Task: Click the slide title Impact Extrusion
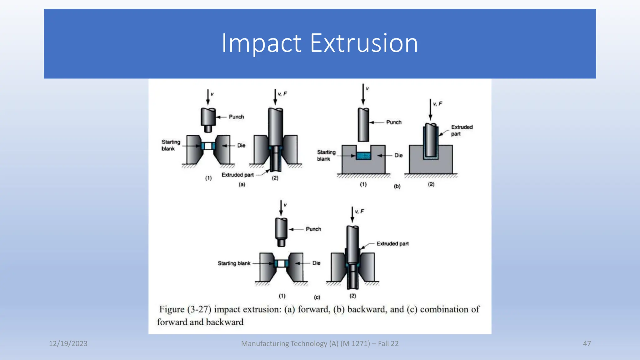pyautogui.click(x=320, y=43)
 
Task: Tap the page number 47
pyautogui.click(x=587, y=343)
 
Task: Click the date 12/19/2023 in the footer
pyautogui.click(x=68, y=343)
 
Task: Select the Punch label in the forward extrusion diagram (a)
pyautogui.click(x=236, y=117)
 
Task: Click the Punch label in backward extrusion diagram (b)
pyautogui.click(x=394, y=122)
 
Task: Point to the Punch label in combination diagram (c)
pyautogui.click(x=313, y=229)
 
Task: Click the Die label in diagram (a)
pyautogui.click(x=241, y=146)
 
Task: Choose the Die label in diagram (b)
pyautogui.click(x=398, y=155)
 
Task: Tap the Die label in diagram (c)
pyautogui.click(x=316, y=263)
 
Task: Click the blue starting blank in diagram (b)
pyautogui.click(x=363, y=156)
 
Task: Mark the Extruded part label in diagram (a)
pyautogui.click(x=237, y=175)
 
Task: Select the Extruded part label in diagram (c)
pyautogui.click(x=392, y=244)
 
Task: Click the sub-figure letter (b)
pyautogui.click(x=397, y=186)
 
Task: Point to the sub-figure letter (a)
pyautogui.click(x=242, y=184)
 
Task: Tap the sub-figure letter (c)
pyautogui.click(x=317, y=297)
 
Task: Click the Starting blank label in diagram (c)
pyautogui.click(x=234, y=263)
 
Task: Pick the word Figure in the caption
pyautogui.click(x=172, y=309)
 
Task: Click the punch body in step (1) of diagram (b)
pyautogui.click(x=363, y=125)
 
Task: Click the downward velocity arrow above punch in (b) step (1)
pyautogui.click(x=363, y=94)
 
